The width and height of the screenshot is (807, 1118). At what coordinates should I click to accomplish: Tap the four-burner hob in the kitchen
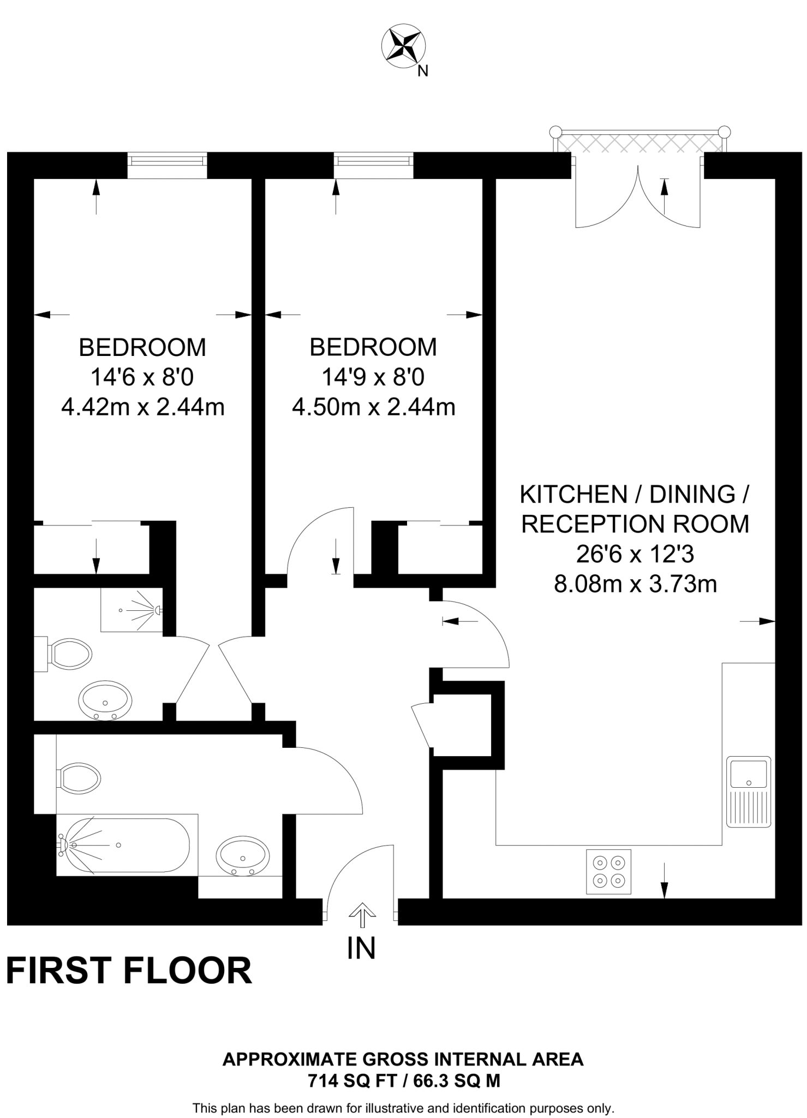coord(608,871)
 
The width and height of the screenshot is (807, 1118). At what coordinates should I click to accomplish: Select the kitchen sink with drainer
coord(748,791)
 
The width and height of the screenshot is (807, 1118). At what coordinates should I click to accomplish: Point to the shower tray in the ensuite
coord(132,610)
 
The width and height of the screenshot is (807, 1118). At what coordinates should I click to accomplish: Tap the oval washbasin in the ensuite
coord(105,700)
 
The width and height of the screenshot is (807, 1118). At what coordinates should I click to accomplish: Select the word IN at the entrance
coord(361,948)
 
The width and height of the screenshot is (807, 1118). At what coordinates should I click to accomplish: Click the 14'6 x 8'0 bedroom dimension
coord(142,377)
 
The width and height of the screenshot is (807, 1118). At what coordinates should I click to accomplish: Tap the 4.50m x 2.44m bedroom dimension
coord(374,407)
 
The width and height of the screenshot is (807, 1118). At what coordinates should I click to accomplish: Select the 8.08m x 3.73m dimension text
coord(635,584)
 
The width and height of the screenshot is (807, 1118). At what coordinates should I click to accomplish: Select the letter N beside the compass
coord(423,71)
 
